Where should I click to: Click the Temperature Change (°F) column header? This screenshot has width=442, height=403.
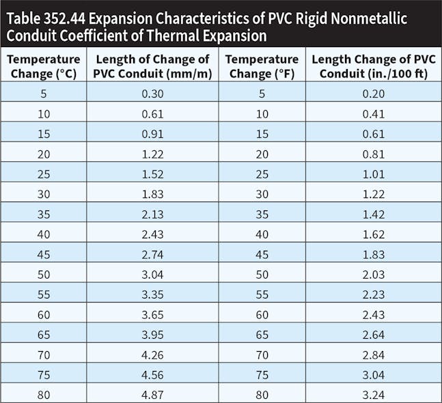click(262, 66)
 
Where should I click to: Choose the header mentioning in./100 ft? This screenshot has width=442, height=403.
click(374, 66)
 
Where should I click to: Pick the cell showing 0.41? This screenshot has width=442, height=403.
click(374, 113)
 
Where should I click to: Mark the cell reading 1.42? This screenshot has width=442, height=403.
click(374, 212)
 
